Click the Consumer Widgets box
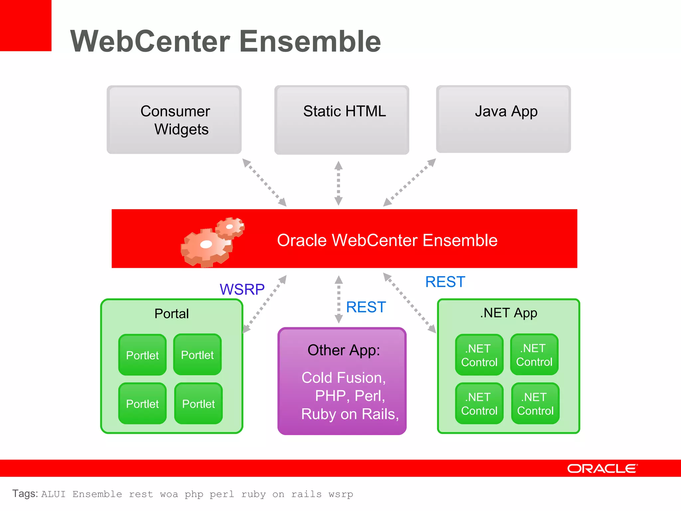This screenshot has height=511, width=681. point(174,120)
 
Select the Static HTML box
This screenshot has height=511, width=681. point(342,120)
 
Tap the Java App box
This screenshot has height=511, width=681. point(503,119)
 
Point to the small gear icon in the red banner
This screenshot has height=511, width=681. point(230,227)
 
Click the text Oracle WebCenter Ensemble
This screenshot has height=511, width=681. point(387,240)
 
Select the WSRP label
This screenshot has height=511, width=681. point(242,289)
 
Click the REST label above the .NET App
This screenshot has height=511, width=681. point(445,282)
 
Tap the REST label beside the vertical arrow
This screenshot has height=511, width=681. point(366,307)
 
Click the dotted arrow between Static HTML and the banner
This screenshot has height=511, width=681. point(339,183)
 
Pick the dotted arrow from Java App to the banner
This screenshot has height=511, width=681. point(410,182)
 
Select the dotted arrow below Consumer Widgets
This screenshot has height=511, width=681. point(264,182)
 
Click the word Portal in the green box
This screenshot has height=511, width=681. point(172,313)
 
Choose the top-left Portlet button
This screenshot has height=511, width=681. point(142,355)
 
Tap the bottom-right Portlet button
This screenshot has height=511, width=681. point(199,404)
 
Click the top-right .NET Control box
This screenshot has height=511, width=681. point(534,355)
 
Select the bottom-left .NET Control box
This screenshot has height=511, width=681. point(479,404)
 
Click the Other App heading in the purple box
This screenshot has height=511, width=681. point(343,350)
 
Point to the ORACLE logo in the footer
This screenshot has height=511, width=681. point(602,468)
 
